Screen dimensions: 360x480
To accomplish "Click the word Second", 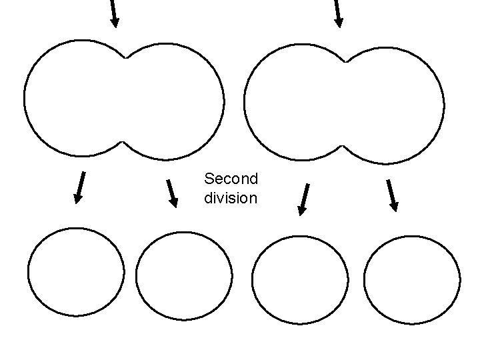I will pyautogui.click(x=231, y=179).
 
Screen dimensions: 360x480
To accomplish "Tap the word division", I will pyautogui.click(x=231, y=198).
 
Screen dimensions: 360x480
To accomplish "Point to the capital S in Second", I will pyautogui.click(x=209, y=179).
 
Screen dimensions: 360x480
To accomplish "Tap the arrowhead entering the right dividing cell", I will pyautogui.click(x=339, y=22).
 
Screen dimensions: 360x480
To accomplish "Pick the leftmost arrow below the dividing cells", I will pyautogui.click(x=80, y=187).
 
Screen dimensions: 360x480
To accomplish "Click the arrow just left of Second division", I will pyautogui.click(x=172, y=193).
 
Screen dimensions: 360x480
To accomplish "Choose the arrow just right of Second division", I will pyautogui.click(x=303, y=199).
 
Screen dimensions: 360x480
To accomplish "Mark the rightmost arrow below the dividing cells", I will pyautogui.click(x=391, y=195).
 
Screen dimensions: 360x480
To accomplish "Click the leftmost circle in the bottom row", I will pyautogui.click(x=76, y=272).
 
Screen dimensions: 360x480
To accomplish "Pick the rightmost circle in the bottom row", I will pyautogui.click(x=413, y=280).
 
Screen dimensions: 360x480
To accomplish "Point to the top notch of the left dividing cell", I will pyautogui.click(x=125, y=57).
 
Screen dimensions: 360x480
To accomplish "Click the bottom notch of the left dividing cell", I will pyautogui.click(x=123, y=142).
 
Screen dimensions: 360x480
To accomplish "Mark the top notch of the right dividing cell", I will pyautogui.click(x=345, y=61).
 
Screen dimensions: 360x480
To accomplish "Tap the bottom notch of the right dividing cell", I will pyautogui.click(x=343, y=145).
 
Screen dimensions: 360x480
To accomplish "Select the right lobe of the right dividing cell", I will pyautogui.click(x=397, y=105).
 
